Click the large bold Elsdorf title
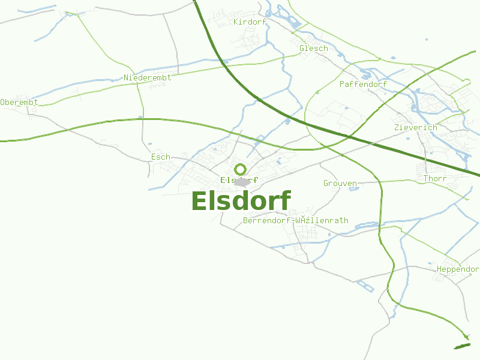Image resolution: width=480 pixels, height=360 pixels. tap(241, 201)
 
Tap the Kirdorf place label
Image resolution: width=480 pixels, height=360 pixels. tap(250, 22)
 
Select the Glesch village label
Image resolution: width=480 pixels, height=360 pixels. tap(313, 48)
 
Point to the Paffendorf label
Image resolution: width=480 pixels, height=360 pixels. tap(363, 84)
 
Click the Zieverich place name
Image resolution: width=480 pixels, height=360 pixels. tap(416, 127)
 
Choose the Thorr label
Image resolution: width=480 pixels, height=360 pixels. tap(435, 179)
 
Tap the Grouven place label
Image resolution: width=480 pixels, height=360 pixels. tap(340, 183)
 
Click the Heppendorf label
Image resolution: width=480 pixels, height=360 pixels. tap(458, 269)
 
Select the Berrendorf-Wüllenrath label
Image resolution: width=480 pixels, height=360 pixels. tap(295, 220)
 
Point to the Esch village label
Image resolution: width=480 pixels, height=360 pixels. tap(161, 157)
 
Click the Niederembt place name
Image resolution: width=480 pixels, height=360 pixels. tap(147, 77)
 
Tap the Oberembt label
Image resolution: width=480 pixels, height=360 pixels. tap(19, 102)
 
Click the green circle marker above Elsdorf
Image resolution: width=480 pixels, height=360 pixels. tap(240, 169)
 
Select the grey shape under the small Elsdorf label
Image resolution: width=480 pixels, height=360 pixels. tap(241, 182)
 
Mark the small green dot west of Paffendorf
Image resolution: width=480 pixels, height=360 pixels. tap(317, 92)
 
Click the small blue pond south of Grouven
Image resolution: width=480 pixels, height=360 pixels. tap(353, 189)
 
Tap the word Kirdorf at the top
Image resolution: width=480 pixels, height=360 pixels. tap(250, 22)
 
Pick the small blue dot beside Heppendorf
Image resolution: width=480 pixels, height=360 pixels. tap(430, 263)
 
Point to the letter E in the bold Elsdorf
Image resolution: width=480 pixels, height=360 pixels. tap(199, 201)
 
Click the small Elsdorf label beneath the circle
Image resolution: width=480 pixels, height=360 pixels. tap(239, 179)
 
